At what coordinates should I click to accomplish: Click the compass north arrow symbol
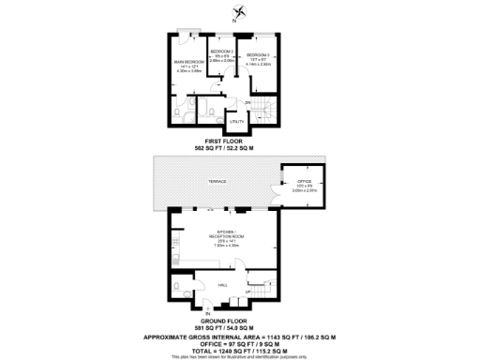(x=240, y=12)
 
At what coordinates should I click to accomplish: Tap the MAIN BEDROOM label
(x=188, y=63)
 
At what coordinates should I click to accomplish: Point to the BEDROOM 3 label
(x=259, y=56)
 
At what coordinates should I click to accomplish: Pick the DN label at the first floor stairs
(x=248, y=101)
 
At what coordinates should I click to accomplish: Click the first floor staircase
(x=266, y=112)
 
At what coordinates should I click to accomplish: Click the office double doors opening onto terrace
(x=285, y=186)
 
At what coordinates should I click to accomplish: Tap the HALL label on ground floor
(x=223, y=284)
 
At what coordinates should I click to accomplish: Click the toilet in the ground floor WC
(x=177, y=287)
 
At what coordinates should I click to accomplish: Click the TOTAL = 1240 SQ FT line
(x=239, y=349)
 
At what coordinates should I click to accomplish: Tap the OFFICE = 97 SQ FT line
(x=239, y=342)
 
